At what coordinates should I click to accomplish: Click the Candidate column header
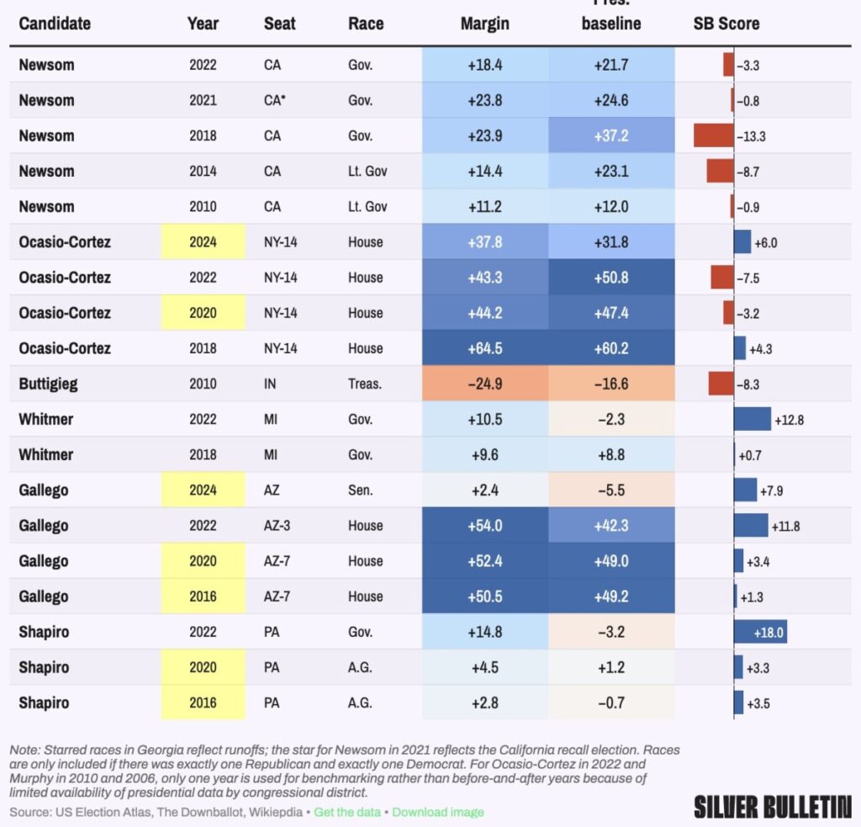(55, 24)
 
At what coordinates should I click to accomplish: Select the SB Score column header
(726, 24)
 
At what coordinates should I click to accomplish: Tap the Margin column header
(484, 24)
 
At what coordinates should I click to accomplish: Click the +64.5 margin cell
(484, 348)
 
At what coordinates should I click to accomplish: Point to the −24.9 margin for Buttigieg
(484, 384)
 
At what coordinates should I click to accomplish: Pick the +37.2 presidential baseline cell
(611, 135)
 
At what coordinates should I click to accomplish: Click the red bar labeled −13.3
(713, 135)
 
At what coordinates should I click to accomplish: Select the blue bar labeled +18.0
(760, 632)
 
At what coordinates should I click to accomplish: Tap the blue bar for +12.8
(752, 419)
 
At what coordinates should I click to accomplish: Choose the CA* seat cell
(275, 100)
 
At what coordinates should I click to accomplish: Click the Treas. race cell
(365, 384)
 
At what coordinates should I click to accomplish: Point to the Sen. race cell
(362, 490)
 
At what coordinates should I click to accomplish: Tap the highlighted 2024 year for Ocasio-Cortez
(203, 242)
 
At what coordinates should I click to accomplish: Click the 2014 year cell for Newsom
(203, 171)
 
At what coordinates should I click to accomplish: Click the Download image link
(437, 812)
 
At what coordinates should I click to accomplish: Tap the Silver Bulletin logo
(772, 807)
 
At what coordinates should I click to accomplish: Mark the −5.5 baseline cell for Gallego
(611, 490)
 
